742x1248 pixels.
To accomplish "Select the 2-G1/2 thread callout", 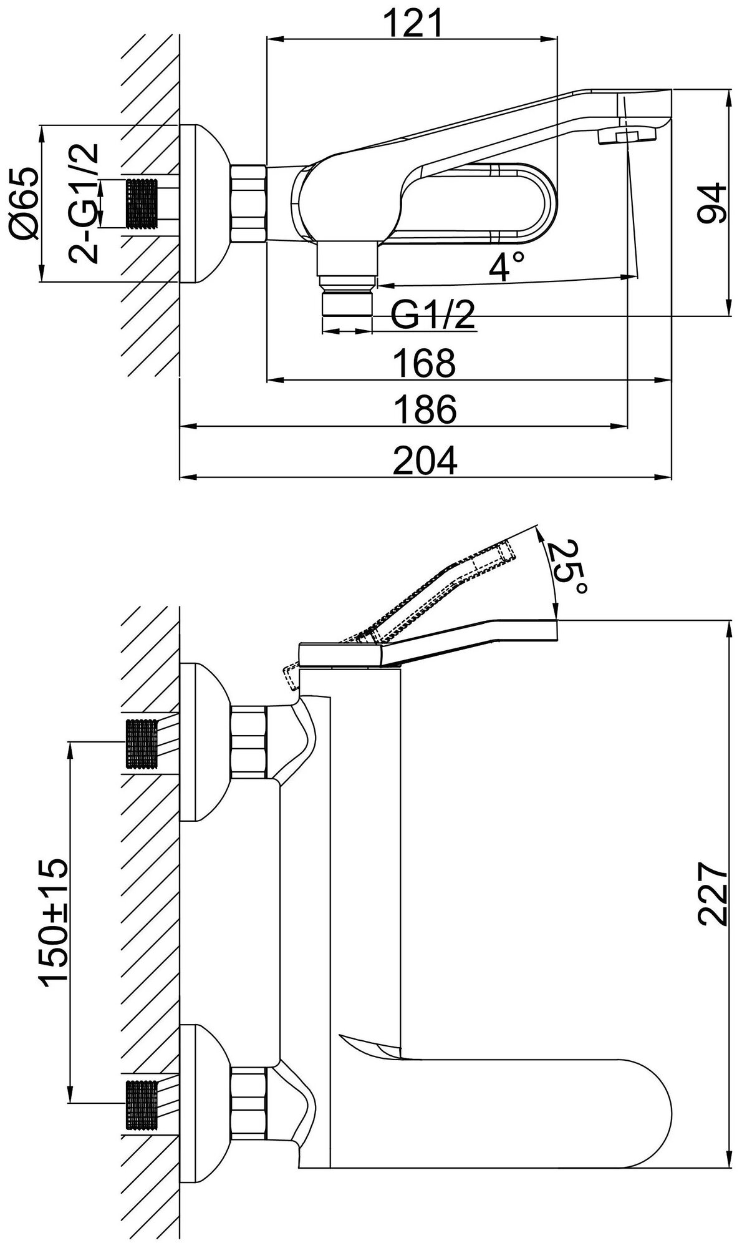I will point(85,203).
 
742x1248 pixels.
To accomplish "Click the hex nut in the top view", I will point(249,203).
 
